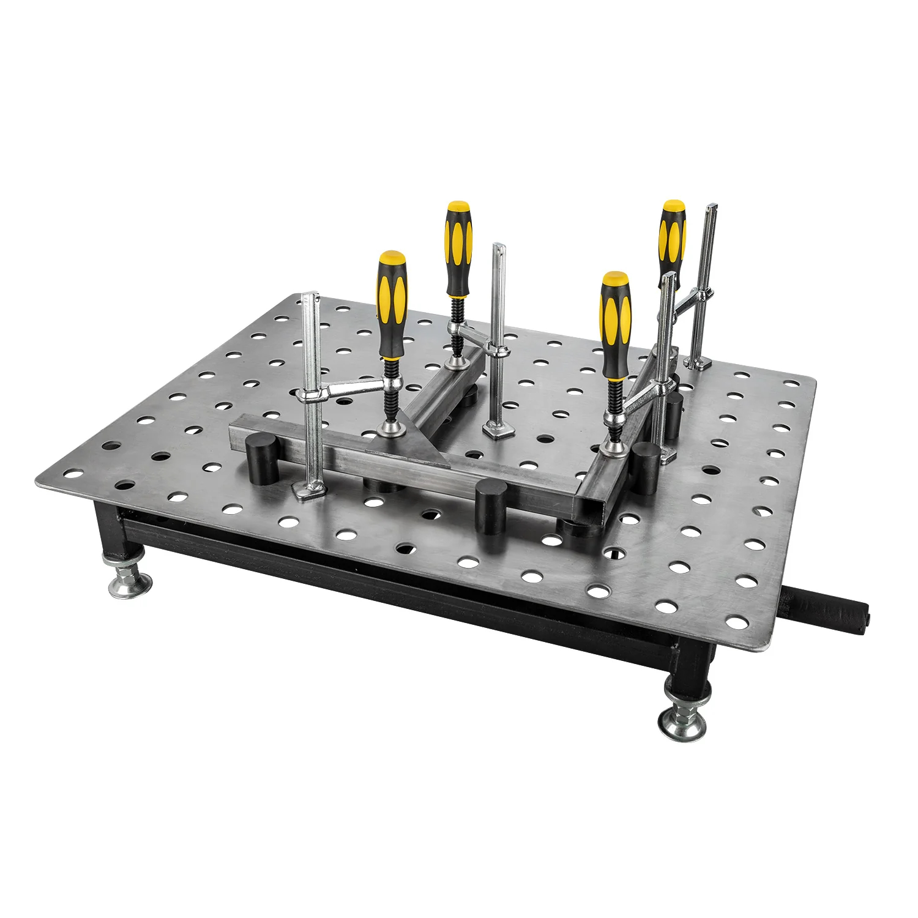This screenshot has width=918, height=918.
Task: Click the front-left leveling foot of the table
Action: [130, 585]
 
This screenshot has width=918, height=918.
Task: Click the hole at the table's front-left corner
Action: [73, 474]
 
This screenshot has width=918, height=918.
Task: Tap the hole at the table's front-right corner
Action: [737, 623]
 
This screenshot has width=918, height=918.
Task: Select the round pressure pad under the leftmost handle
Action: [390, 428]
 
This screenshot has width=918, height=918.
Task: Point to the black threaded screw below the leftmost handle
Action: [389, 392]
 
